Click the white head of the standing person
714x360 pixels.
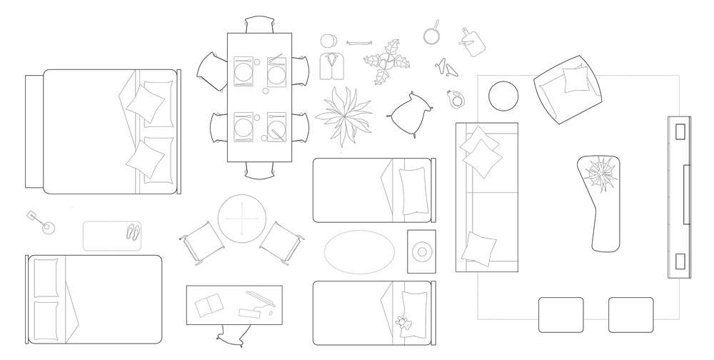click(328, 41)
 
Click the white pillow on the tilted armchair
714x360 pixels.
click(576, 79)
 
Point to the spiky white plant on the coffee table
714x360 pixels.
click(600, 174)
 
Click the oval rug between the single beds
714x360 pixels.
click(359, 251)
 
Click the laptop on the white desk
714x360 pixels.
click(258, 304)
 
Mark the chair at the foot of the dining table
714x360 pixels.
click(258, 171)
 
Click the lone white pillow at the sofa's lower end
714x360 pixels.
click(478, 248)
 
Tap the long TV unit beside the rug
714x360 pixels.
click(680, 196)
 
